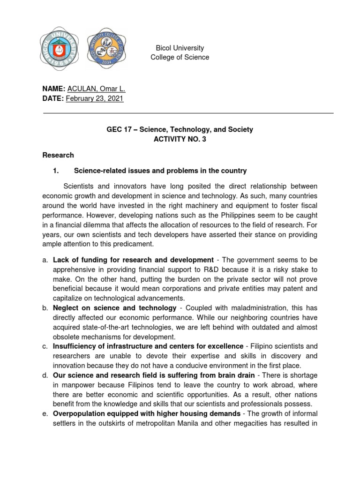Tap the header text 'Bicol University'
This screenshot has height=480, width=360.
[180, 48]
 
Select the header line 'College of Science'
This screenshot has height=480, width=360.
[180, 57]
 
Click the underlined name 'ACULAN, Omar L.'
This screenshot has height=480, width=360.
[96, 89]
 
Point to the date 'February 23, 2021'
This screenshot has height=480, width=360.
[95, 98]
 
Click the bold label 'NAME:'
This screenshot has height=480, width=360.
[54, 89]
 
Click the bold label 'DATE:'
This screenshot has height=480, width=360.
[53, 98]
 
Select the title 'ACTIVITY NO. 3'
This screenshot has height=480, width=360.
[180, 139]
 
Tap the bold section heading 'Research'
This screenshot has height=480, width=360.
[58, 155]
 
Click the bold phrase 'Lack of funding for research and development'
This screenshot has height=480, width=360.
[133, 260]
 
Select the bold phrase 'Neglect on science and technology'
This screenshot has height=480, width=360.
[115, 308]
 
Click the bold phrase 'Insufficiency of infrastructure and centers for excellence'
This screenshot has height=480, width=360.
[148, 346]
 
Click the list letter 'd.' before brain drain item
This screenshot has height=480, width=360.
[45, 375]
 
